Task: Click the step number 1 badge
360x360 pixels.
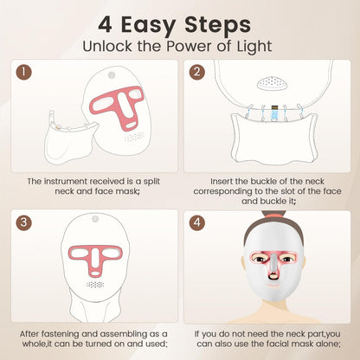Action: (24, 72)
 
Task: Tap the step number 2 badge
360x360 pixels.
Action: (197, 72)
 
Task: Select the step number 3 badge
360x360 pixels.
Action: (24, 222)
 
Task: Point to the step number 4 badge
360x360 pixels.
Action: (197, 222)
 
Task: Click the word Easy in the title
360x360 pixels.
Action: (148, 25)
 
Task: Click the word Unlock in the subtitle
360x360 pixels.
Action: (107, 46)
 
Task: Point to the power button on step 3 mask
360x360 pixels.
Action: (95, 219)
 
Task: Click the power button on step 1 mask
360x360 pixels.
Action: (111, 75)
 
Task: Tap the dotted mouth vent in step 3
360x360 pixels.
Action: (95, 285)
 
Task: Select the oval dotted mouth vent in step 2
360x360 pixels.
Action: (273, 82)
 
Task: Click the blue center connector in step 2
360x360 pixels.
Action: (273, 112)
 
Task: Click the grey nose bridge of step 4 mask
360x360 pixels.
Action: (273, 263)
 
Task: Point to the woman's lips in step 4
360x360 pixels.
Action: (273, 286)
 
